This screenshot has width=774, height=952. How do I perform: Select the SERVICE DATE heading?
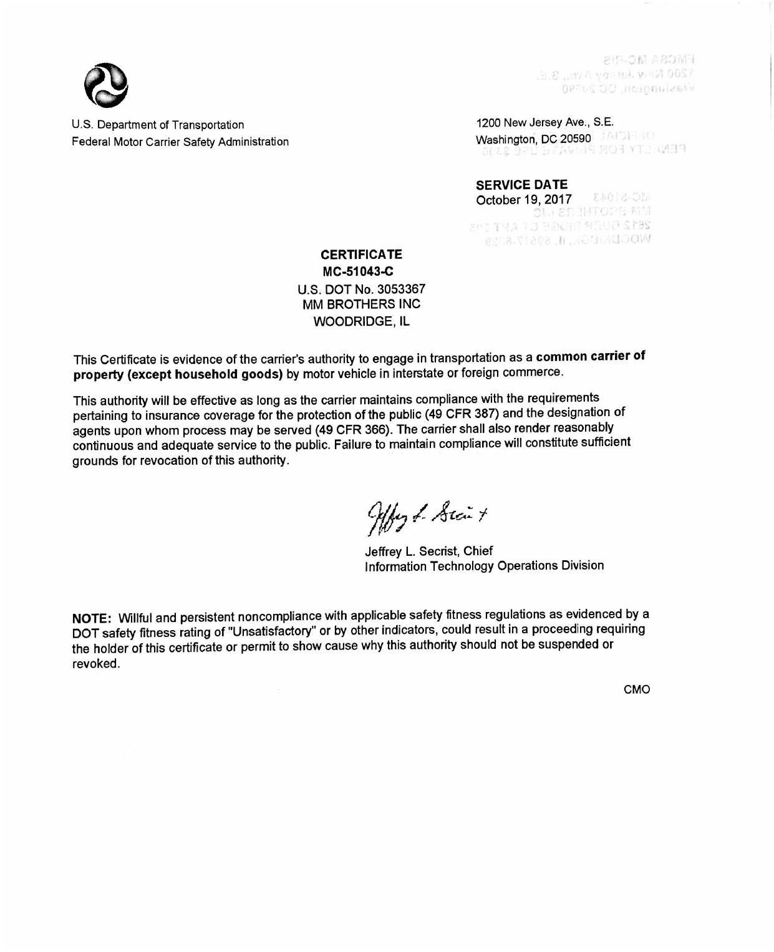(521, 185)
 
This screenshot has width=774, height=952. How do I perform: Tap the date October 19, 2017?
(523, 200)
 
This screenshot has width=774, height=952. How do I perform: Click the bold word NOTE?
(92, 618)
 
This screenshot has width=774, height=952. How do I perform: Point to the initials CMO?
(637, 689)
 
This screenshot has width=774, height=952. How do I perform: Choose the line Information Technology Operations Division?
(484, 566)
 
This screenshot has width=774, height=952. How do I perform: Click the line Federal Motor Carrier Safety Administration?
(180, 142)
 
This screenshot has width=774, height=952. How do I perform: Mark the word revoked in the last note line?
(95, 663)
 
